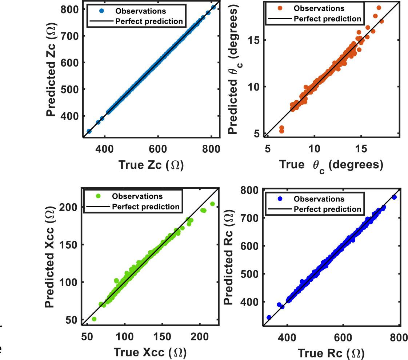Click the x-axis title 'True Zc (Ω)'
[151, 165]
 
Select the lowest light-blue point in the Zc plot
[89, 131]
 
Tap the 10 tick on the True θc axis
[314, 149]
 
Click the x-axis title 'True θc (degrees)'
[331, 165]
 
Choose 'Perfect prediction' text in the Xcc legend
[145, 207]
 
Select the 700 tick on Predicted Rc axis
[250, 218]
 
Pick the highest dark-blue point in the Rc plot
[394, 197]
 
